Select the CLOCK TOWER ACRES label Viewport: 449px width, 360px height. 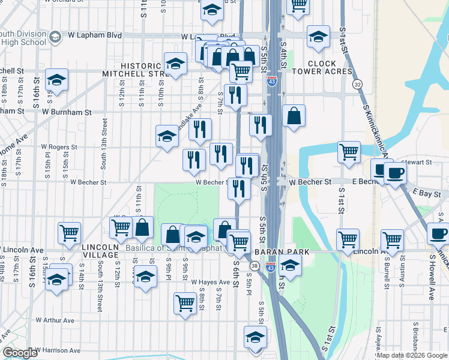(x=330, y=67)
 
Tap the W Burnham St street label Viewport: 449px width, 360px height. (x=67, y=112)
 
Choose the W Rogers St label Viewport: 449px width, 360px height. (x=59, y=146)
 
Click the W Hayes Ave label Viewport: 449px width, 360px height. (x=207, y=281)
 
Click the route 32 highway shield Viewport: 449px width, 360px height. (x=357, y=84)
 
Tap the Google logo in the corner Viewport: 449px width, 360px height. (x=20, y=353)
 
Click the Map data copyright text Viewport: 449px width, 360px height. (x=412, y=355)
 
